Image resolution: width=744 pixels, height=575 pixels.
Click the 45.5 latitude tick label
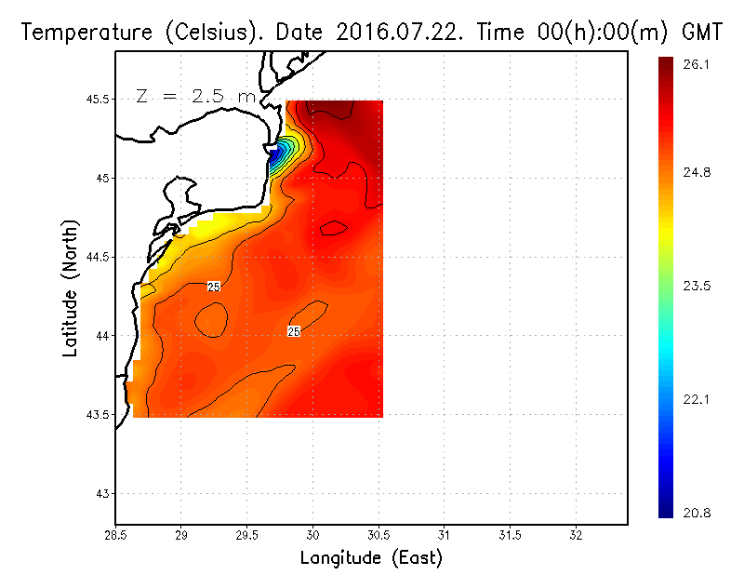95,99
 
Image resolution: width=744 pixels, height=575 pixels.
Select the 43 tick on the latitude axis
100,493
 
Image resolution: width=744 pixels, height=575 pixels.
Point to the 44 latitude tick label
100,335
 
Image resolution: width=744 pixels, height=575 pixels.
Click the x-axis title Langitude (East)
371,558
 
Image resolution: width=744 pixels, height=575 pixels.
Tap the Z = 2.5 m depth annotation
196,96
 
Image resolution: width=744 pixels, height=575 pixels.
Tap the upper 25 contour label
214,287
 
